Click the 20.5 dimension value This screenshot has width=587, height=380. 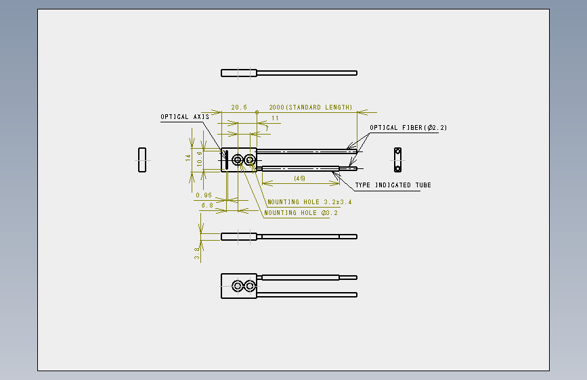tap(239, 108)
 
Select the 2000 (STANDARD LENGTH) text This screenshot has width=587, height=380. tap(310, 108)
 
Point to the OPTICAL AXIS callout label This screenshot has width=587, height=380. tap(185, 117)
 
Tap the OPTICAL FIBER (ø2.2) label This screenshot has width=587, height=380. tap(408, 128)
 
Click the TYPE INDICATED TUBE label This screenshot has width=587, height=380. tap(393, 185)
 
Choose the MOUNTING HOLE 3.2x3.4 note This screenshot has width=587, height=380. tap(309, 202)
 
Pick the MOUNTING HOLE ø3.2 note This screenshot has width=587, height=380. tap(301, 213)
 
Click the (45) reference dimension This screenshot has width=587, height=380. tap(299, 179)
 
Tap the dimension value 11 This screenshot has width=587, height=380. tap(275, 118)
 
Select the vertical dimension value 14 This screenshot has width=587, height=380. tap(188, 158)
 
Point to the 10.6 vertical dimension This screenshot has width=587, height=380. tap(200, 159)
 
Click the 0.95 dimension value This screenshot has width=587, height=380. tap(204, 195)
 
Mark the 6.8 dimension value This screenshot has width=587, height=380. tap(207, 206)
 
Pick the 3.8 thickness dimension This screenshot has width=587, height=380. tap(197, 253)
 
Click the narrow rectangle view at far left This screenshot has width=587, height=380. tap(142, 160)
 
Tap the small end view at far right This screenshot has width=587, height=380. tap(397, 160)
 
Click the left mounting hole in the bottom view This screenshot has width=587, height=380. tap(237, 286)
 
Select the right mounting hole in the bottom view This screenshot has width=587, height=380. tap(250, 286)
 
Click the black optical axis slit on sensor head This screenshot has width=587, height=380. tap(227, 160)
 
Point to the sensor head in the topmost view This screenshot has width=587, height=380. tap(239, 73)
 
